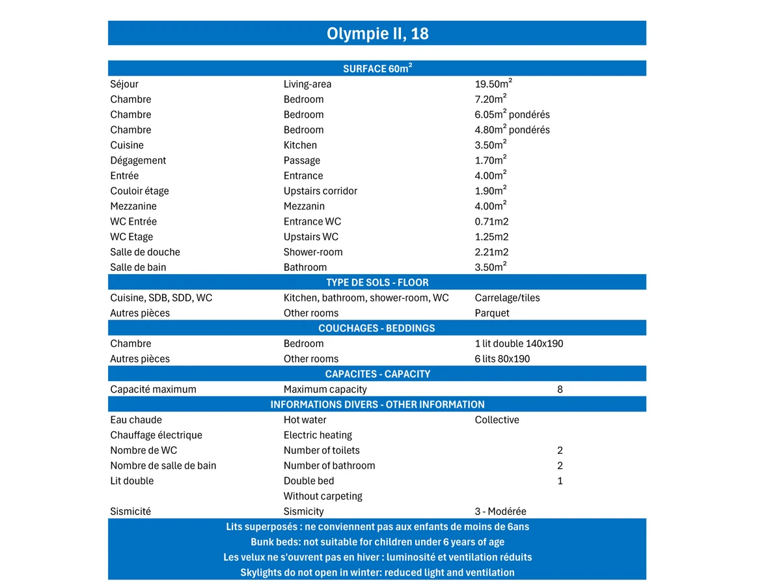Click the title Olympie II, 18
(x=377, y=33)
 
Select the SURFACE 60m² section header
(x=377, y=68)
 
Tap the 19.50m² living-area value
(x=493, y=83)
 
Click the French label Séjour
(x=124, y=84)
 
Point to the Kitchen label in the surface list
(x=300, y=145)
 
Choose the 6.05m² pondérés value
(x=512, y=114)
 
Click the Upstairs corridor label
(x=320, y=191)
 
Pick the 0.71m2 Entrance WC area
(x=491, y=221)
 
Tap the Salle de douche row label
(x=145, y=252)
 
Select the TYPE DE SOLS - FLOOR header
(x=377, y=283)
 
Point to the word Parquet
(x=492, y=313)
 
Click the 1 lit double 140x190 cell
(x=519, y=344)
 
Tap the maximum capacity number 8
(x=560, y=389)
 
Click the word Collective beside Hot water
(x=497, y=420)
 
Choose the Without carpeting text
(x=323, y=496)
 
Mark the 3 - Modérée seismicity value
(x=500, y=512)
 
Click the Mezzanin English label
(x=304, y=206)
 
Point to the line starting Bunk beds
(x=377, y=542)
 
